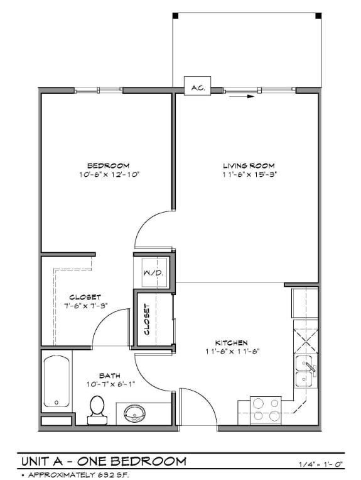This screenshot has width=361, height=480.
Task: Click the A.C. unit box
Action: click(197, 87)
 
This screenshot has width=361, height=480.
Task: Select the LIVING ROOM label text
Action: click(250, 165)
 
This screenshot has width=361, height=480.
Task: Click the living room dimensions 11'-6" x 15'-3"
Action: click(250, 175)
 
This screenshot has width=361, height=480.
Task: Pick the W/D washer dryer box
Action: click(154, 272)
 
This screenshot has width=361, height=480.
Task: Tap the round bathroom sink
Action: click(135, 413)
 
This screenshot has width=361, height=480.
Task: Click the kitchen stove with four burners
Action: click(266, 409)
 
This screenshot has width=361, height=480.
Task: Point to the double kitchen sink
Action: click(306, 372)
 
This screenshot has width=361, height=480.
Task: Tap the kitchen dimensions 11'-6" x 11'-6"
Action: click(232, 352)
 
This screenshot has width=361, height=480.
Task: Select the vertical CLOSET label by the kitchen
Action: click(147, 319)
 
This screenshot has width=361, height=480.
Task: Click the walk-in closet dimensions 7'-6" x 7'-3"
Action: click(85, 306)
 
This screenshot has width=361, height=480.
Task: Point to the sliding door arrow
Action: click(251, 96)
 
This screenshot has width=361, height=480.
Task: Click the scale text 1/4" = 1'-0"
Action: click(321, 464)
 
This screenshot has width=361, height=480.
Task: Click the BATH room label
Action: click(109, 375)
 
